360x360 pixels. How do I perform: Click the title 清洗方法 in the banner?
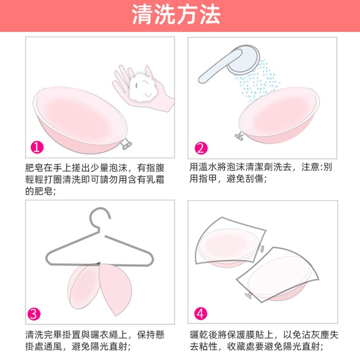176,15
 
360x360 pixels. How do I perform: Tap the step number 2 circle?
200,148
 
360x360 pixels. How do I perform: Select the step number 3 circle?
33,314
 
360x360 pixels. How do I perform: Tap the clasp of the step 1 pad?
126,144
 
